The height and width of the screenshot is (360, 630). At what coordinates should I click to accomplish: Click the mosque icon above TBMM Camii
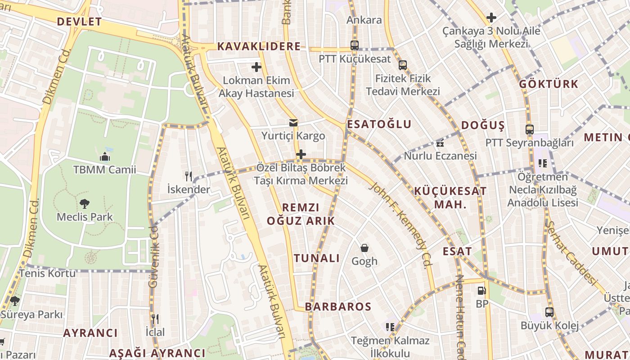click(x=105, y=157)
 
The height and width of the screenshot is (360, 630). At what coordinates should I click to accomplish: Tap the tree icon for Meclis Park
click(x=84, y=204)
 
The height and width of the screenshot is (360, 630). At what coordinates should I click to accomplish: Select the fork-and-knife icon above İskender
click(x=189, y=176)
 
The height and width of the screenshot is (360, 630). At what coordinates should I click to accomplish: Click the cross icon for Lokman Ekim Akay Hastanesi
click(x=256, y=67)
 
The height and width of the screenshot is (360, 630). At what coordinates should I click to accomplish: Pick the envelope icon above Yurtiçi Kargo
click(x=293, y=123)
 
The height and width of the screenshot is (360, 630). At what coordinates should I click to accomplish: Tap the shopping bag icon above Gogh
click(x=364, y=248)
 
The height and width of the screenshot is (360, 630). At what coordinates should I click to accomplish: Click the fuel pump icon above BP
click(x=481, y=291)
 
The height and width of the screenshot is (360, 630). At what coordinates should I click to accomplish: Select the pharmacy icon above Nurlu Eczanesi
click(x=440, y=144)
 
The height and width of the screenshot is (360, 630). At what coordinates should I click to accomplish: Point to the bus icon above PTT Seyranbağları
click(x=530, y=130)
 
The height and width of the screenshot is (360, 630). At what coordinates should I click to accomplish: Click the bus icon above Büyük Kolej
click(x=549, y=312)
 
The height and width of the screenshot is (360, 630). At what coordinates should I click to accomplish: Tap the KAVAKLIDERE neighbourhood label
click(x=259, y=46)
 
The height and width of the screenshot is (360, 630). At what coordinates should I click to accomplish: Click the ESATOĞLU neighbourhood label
click(x=379, y=124)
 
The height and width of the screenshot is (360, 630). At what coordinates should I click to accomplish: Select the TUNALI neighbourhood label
click(x=317, y=258)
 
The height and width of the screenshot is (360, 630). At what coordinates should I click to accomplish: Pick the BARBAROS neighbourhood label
click(x=338, y=306)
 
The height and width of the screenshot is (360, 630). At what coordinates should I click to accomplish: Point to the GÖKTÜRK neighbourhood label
click(x=549, y=84)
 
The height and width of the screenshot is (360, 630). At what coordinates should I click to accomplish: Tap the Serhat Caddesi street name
click(x=570, y=252)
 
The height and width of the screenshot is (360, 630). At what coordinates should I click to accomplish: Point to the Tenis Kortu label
click(x=47, y=273)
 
